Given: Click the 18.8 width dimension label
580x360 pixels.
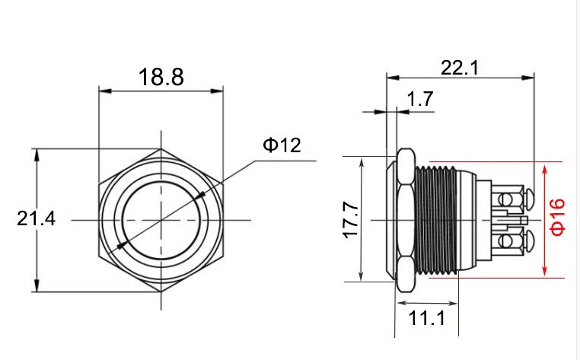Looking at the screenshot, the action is [161, 78].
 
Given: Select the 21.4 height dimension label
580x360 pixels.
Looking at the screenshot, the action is [37, 218].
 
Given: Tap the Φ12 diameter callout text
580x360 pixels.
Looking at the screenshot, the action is [282, 145].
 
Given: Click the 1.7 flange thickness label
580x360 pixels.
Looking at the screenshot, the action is [420, 99].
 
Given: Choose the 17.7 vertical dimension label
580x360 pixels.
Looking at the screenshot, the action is [351, 220].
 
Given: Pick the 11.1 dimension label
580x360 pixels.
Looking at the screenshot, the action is [427, 318].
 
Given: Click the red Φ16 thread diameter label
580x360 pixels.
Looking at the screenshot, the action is [557, 217].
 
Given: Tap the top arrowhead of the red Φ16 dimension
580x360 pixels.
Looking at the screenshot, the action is [544, 171].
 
